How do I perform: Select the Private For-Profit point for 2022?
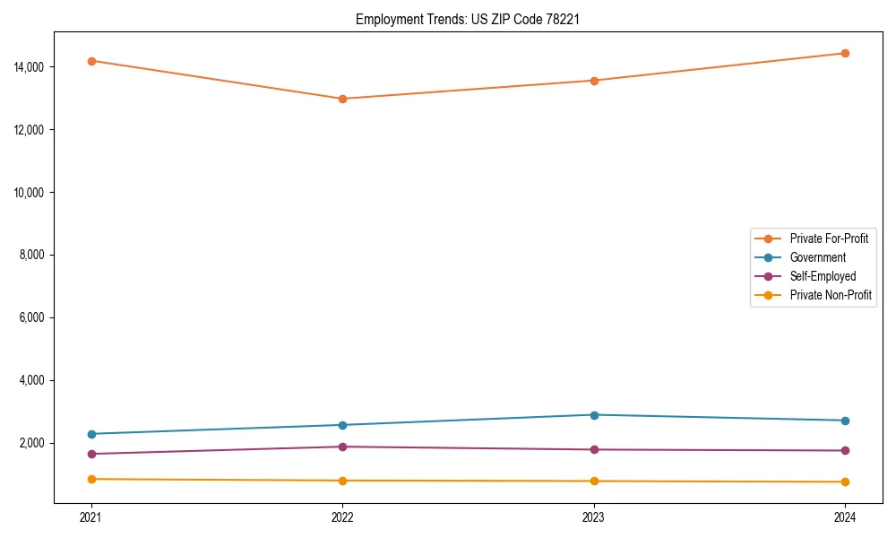(x=342, y=99)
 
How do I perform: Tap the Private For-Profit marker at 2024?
(x=845, y=53)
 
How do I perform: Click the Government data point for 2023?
(x=594, y=415)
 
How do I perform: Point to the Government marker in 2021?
(x=91, y=434)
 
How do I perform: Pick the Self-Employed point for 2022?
(x=342, y=447)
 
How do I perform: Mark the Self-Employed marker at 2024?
(x=845, y=451)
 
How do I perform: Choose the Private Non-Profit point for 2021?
(x=91, y=479)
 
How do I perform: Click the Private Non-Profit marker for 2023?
(x=594, y=482)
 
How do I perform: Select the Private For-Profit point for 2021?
(x=91, y=61)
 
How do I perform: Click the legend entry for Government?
(x=817, y=257)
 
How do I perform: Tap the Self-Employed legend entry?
(x=823, y=276)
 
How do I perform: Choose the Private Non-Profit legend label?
(x=831, y=295)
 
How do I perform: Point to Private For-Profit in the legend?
(x=829, y=239)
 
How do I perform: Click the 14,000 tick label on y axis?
(x=30, y=67)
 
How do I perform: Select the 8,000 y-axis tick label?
(x=33, y=256)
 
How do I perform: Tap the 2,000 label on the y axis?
(x=33, y=444)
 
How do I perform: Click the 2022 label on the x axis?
(x=342, y=516)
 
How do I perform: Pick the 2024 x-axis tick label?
(x=845, y=516)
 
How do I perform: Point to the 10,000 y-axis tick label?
(x=30, y=193)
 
